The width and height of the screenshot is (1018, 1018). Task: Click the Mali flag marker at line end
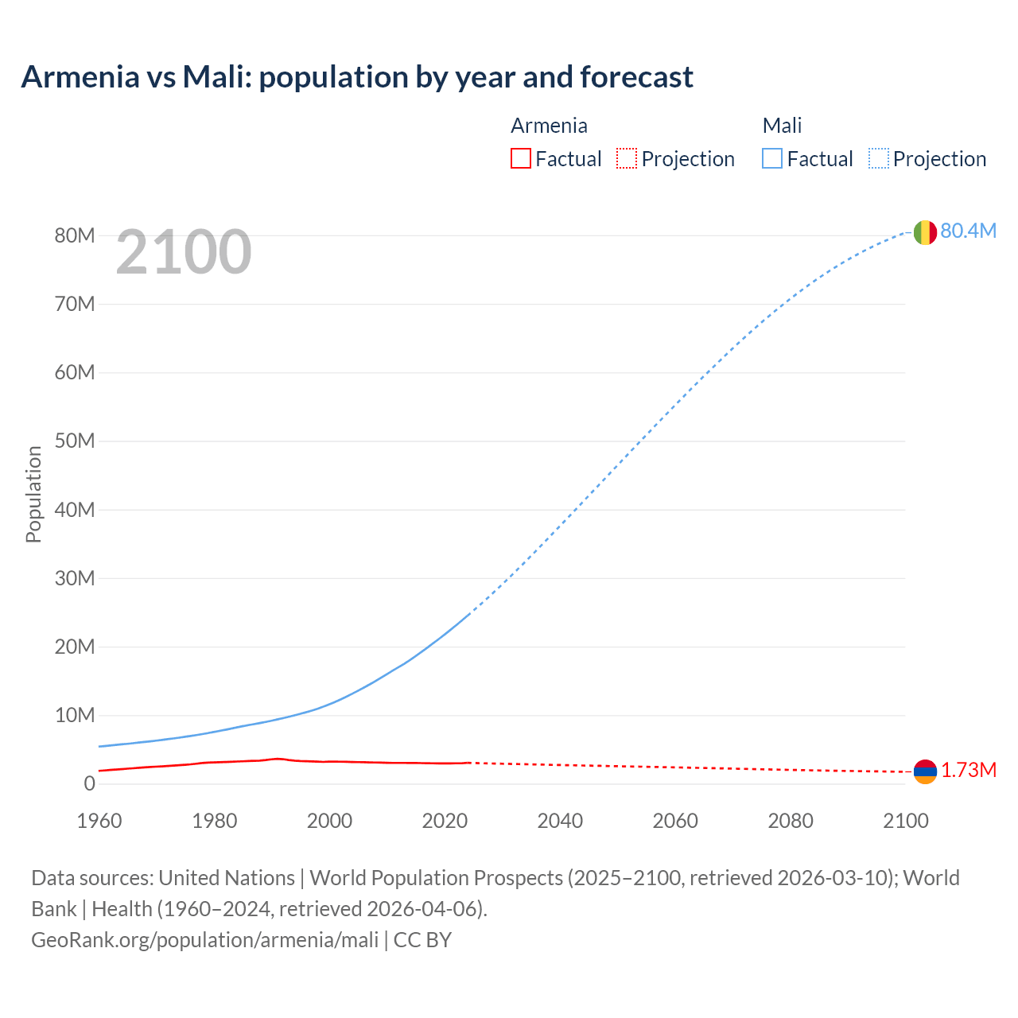pos(924,232)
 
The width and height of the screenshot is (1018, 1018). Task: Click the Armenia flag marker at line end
pos(925,771)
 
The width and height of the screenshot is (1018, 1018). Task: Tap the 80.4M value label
pos(968,231)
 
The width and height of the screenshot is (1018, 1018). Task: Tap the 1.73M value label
pos(969,770)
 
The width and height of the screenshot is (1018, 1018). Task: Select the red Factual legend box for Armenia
pos(520,158)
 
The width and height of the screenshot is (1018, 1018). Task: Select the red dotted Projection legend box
pos(627,158)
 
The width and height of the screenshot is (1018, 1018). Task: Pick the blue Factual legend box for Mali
pos(771,158)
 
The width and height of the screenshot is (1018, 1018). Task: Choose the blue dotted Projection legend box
pos(878,158)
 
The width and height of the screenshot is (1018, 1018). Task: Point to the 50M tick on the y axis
pos(75,441)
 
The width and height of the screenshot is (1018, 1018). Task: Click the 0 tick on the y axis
pos(89,783)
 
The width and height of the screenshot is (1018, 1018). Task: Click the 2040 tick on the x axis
pos(560,821)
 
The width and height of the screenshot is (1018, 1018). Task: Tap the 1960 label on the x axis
pos(99,821)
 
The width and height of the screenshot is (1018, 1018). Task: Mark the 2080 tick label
pos(791,821)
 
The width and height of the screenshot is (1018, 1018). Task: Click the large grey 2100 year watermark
pos(184,252)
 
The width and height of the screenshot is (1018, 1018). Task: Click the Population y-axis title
pos(33,494)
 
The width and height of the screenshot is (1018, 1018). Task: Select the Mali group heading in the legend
pos(782,126)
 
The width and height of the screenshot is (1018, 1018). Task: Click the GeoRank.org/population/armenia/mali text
pos(204,939)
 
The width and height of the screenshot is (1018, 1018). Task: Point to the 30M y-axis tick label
pos(75,578)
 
